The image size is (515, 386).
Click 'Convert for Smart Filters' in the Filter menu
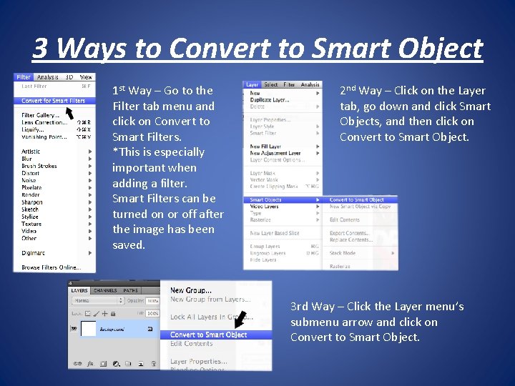click(x=53, y=101)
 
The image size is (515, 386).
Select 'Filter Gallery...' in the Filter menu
click(x=40, y=115)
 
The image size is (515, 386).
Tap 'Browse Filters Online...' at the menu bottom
click(x=50, y=267)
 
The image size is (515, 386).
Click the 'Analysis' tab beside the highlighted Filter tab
click(x=48, y=77)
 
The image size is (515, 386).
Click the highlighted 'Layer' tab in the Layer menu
click(x=252, y=84)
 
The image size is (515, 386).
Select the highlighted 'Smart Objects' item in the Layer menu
click(x=265, y=200)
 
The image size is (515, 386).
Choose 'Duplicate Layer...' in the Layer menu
click(x=269, y=100)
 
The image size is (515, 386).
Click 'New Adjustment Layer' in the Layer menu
click(x=275, y=154)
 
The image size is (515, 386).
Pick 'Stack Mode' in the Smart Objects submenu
click(x=343, y=252)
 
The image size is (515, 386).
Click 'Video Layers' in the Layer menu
click(x=265, y=207)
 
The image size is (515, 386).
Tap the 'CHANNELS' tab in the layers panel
click(x=105, y=291)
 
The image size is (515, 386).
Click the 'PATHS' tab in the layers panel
click(x=131, y=291)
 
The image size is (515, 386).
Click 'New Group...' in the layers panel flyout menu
click(x=190, y=290)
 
